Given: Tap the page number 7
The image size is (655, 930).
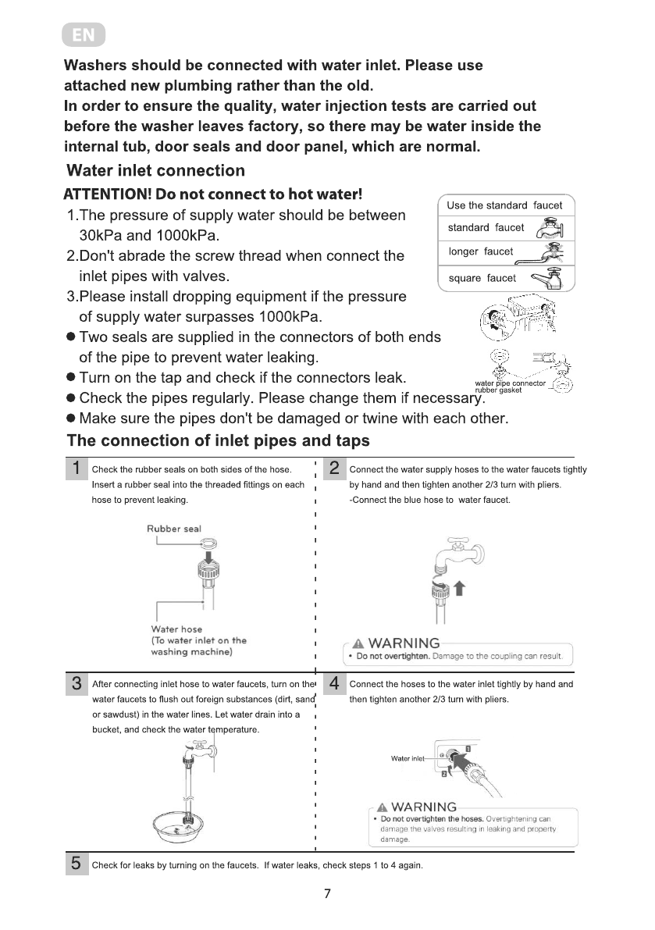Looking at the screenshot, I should pos(328,894).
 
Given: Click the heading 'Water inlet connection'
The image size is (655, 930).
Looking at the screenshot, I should pos(156,170).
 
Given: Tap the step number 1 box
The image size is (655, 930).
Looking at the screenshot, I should pos(76,469).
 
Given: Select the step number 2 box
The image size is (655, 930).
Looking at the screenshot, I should pos(333,469).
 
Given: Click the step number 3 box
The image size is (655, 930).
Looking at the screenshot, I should pos(76,684).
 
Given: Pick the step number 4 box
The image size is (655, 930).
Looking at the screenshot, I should pos(333,684).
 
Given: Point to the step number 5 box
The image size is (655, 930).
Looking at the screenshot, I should pos(76,863).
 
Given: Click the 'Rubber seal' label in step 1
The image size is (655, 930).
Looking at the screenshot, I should pos(173,529).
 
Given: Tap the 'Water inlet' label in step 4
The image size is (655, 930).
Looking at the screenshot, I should pos(408,758).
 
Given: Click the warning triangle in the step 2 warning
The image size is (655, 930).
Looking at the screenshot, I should pos(358,643).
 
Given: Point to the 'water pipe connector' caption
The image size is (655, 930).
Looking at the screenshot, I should pos(510,383).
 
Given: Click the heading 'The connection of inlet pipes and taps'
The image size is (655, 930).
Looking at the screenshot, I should pos(219,440).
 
